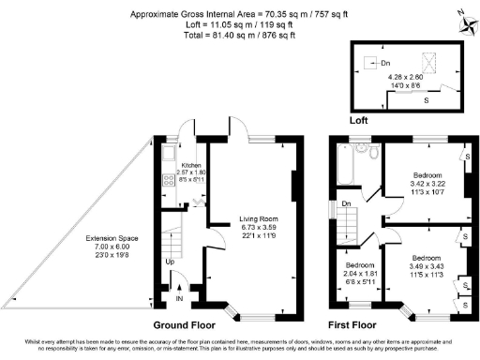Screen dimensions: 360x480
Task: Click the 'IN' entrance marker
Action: pos(180,300)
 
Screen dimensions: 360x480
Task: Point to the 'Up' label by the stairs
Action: pos(170,262)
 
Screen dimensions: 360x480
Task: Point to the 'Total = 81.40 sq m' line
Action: pos(240,36)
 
